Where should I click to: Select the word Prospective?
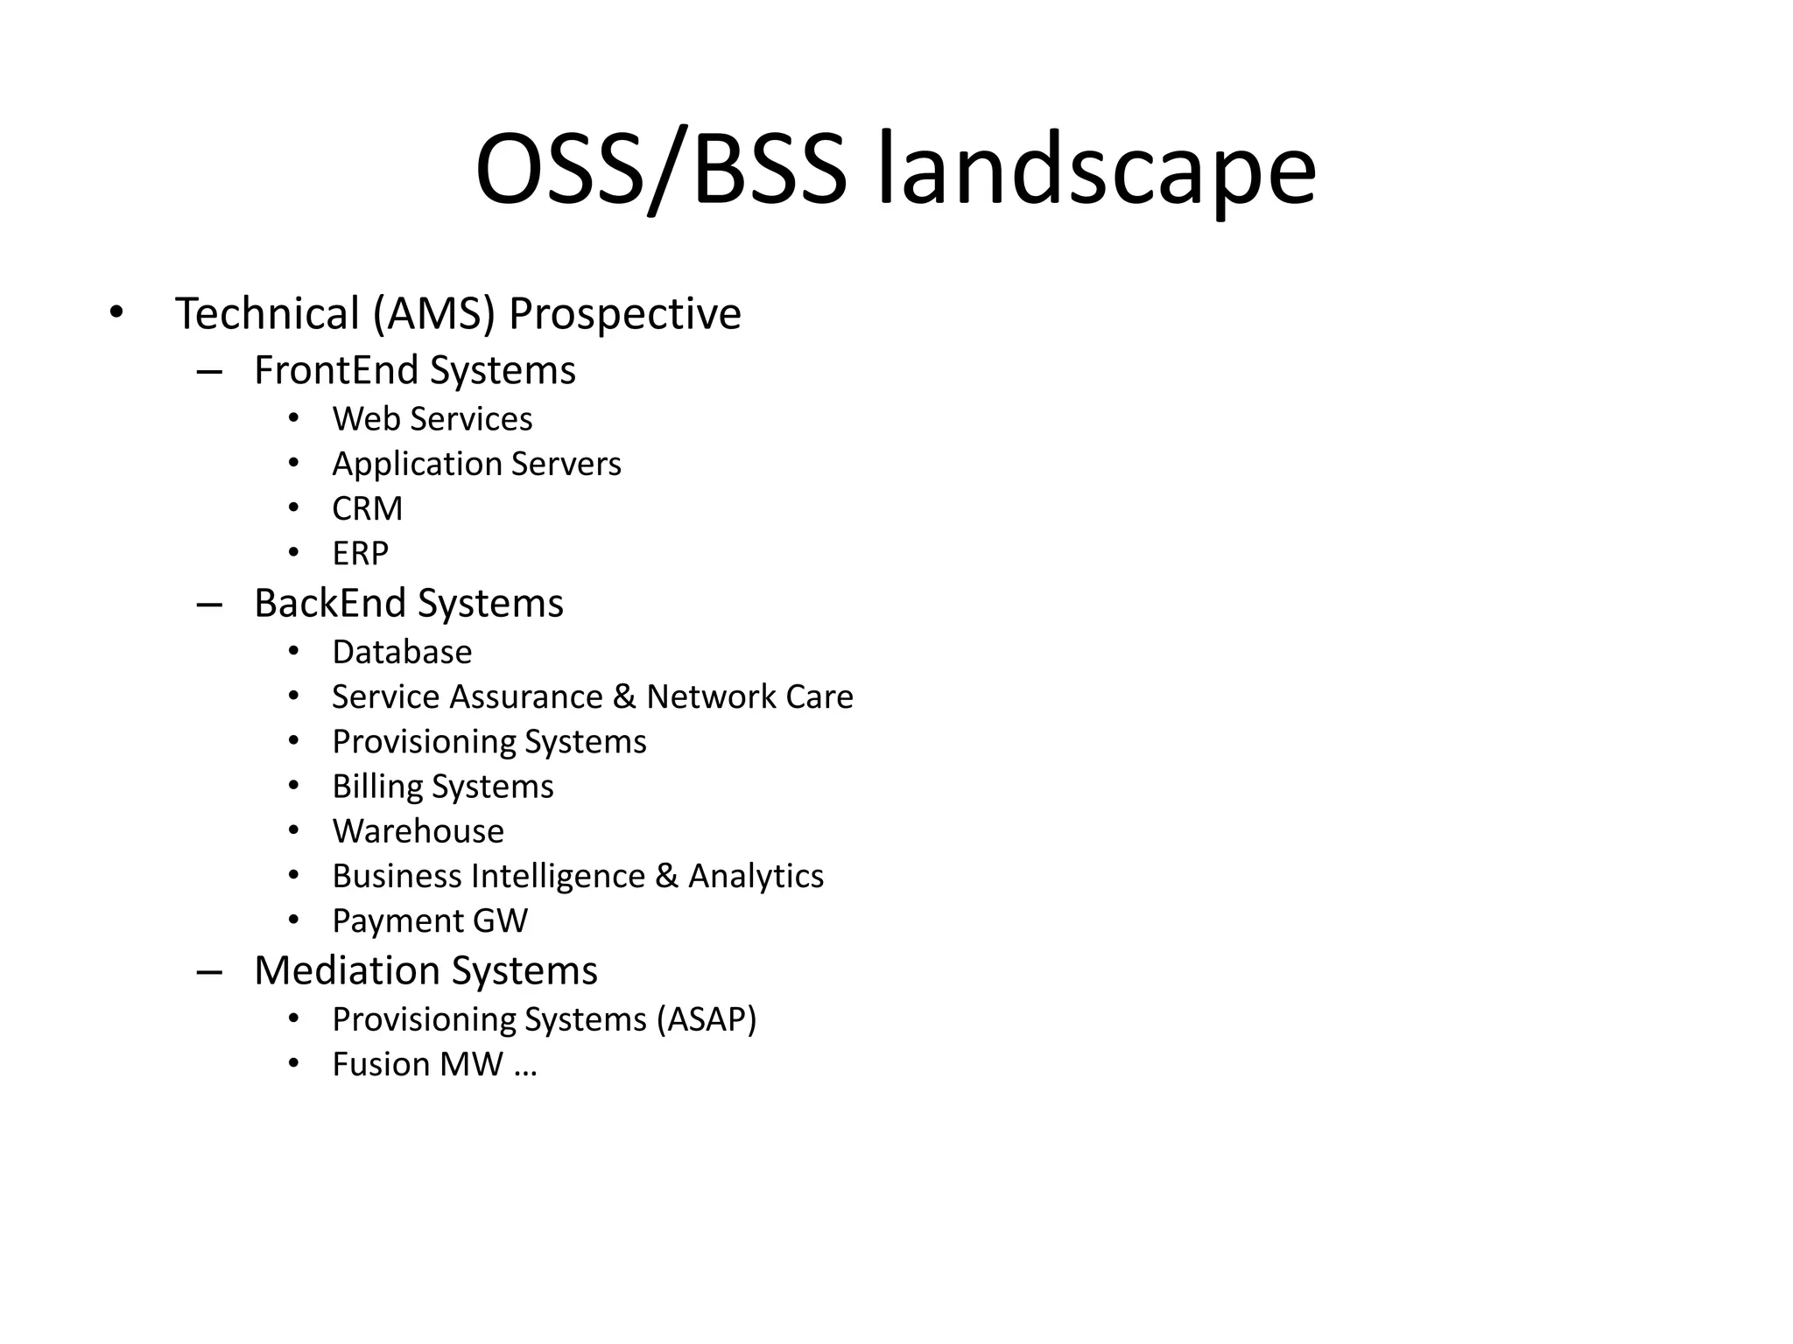click(624, 314)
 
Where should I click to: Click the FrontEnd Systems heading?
click(414, 370)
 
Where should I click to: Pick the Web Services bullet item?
click(432, 419)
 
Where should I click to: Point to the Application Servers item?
click(476, 464)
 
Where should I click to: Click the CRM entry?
click(367, 508)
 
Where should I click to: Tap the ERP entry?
click(360, 553)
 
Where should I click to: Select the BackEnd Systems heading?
click(408, 604)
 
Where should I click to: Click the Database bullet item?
click(402, 653)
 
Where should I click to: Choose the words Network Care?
click(749, 697)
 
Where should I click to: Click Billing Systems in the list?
click(442, 787)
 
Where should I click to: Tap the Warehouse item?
click(418, 831)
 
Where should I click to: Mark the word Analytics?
click(756, 876)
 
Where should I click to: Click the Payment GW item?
click(430, 920)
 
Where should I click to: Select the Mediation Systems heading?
click(425, 970)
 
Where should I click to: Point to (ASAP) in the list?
click(706, 1019)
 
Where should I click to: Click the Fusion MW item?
click(418, 1065)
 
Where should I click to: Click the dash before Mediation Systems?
click(209, 972)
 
